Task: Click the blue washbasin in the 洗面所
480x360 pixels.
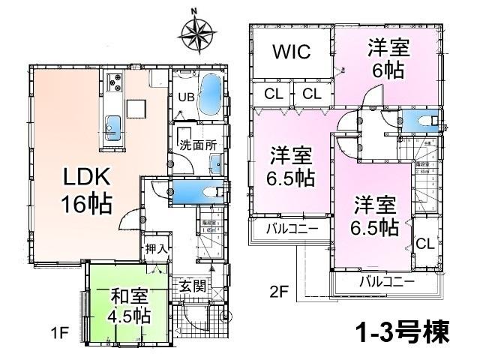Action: click(x=215, y=162)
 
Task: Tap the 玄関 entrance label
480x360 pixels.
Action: click(x=191, y=284)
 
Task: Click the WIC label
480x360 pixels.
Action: click(x=291, y=53)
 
